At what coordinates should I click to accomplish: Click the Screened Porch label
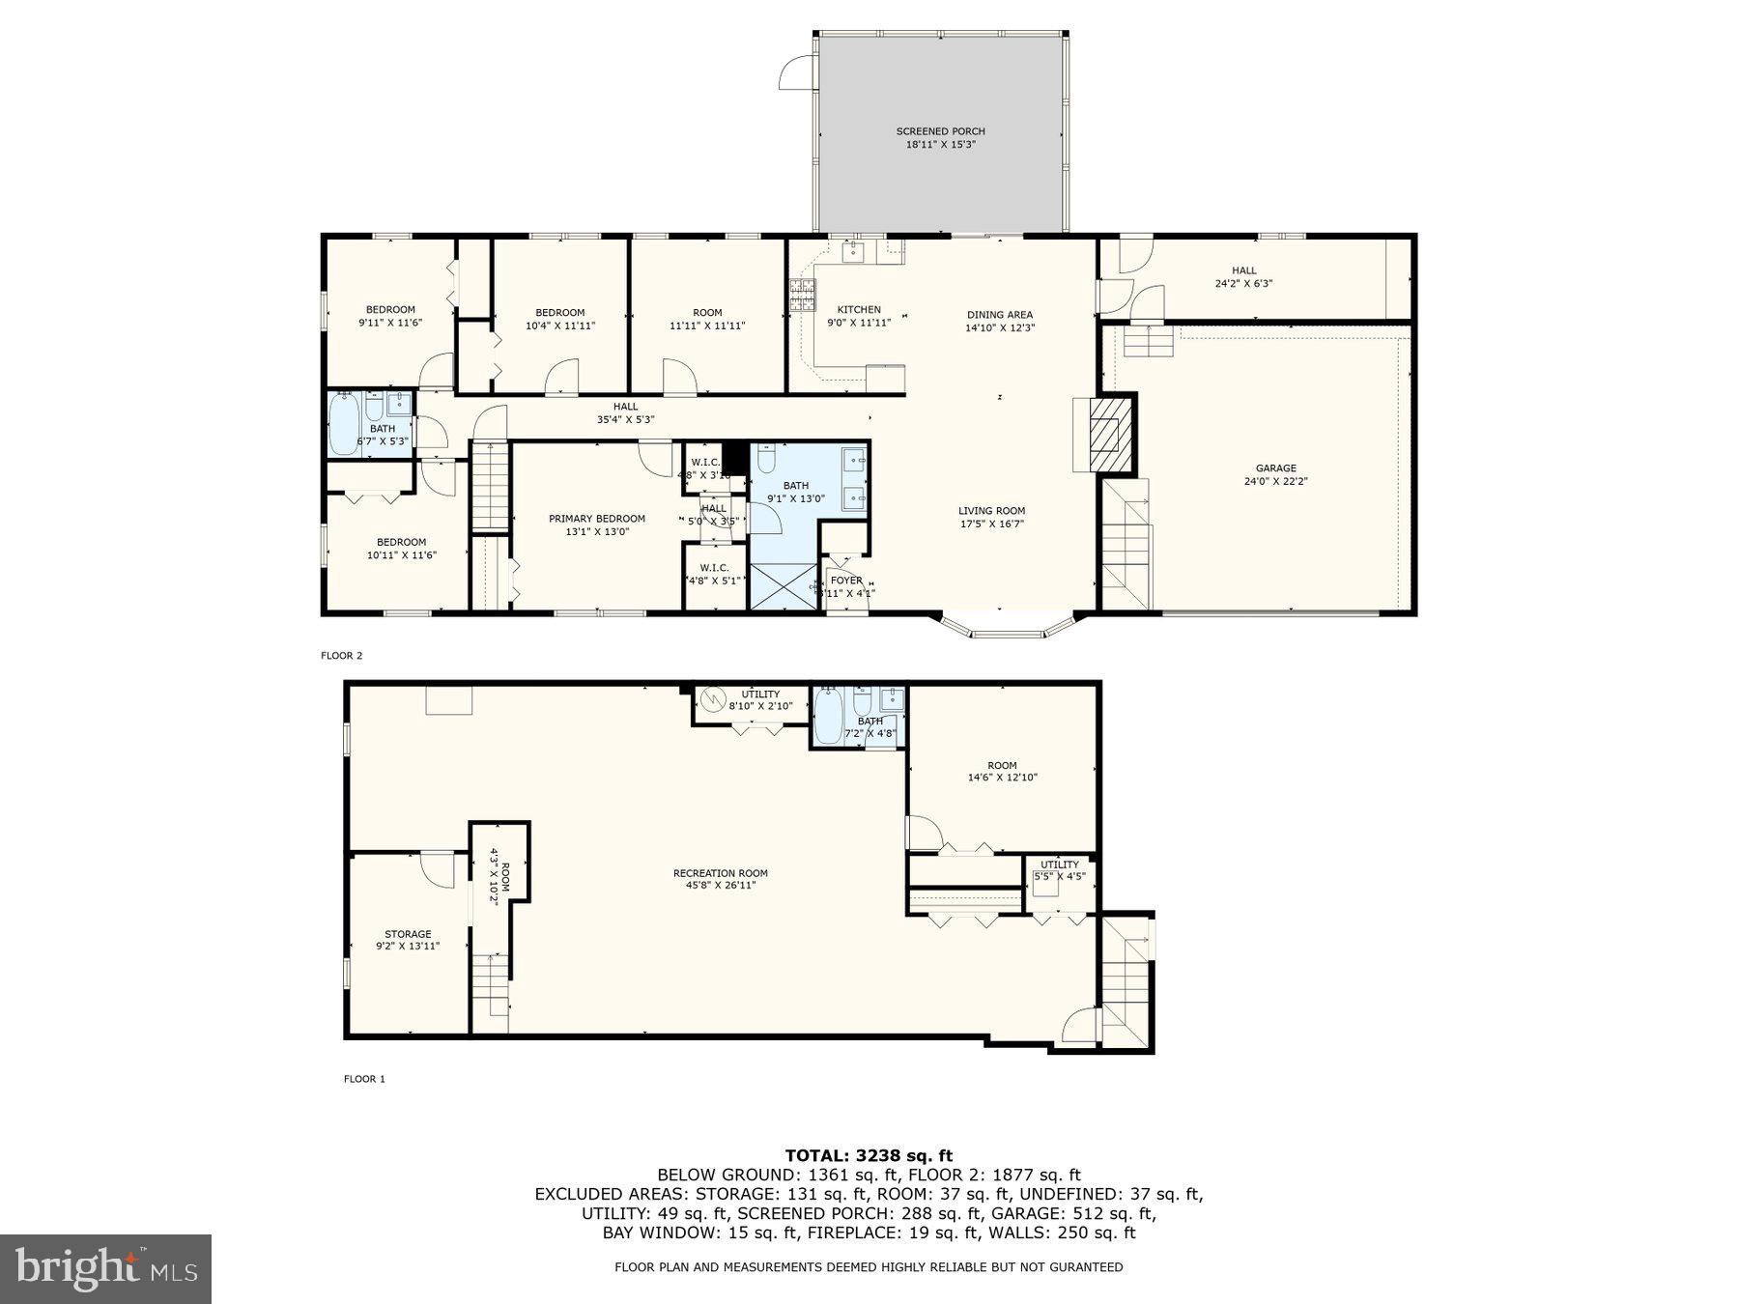point(940,132)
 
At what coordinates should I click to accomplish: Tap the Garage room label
point(1275,468)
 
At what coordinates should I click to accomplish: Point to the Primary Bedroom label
point(597,519)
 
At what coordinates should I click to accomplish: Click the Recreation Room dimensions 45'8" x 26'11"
point(720,885)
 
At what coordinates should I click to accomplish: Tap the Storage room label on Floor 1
point(408,934)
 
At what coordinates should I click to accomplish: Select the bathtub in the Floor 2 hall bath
point(343,424)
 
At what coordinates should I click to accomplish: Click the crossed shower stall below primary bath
point(784,586)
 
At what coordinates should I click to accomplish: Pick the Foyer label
point(846,581)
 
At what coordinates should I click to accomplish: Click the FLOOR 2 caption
point(341,656)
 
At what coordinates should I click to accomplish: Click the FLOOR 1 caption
point(364,1079)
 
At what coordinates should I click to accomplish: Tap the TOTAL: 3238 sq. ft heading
point(869,1155)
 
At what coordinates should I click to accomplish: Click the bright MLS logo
point(105,1268)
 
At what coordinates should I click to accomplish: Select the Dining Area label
point(1000,315)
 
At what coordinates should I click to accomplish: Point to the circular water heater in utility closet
point(713,698)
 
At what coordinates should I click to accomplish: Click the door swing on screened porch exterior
point(796,74)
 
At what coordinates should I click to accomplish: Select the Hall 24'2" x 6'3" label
point(1243,271)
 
